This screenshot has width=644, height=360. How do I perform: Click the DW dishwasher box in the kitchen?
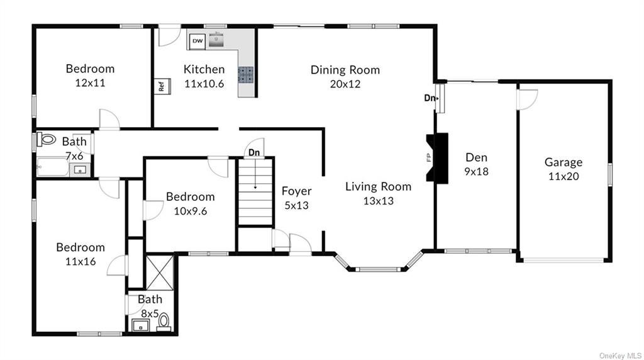click(x=197, y=41)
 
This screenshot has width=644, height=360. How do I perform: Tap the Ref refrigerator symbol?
click(x=162, y=86)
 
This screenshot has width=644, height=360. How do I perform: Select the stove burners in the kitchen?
click(x=246, y=75)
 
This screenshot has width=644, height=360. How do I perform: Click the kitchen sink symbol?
click(x=216, y=40)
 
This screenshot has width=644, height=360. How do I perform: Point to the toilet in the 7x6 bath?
click(x=47, y=139)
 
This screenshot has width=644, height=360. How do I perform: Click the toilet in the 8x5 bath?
click(x=164, y=322)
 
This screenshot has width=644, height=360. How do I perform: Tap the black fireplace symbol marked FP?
click(x=437, y=157)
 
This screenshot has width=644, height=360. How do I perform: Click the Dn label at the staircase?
click(x=254, y=153)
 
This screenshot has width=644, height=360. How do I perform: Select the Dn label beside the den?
click(x=430, y=98)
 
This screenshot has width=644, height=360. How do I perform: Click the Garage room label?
click(x=563, y=162)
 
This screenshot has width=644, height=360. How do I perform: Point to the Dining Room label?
click(x=345, y=70)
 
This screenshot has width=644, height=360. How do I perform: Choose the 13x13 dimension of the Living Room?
click(x=378, y=201)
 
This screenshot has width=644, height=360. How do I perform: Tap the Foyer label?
click(x=297, y=191)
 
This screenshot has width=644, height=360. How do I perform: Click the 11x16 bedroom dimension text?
click(x=80, y=261)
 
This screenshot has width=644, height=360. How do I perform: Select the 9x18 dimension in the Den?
click(x=477, y=171)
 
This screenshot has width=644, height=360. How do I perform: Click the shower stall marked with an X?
click(x=160, y=273)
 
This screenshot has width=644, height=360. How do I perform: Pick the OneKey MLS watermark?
click(x=620, y=356)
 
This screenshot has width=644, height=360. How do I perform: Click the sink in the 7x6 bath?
click(x=80, y=170)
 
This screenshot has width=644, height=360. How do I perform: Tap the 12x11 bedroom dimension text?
click(x=90, y=83)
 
